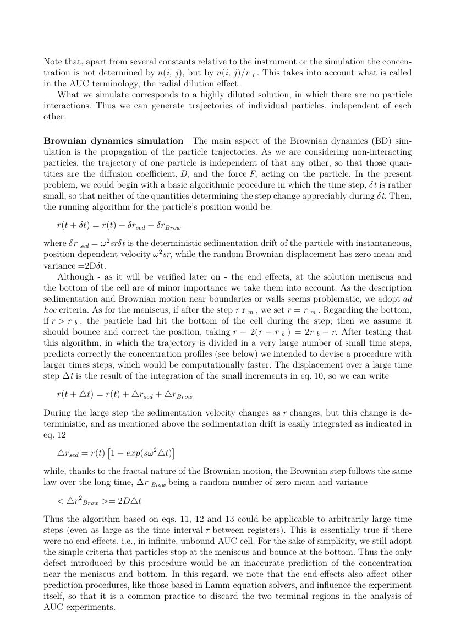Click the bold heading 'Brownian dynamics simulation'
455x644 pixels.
tap(113, 141)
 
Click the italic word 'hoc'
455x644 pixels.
tap(52, 311)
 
